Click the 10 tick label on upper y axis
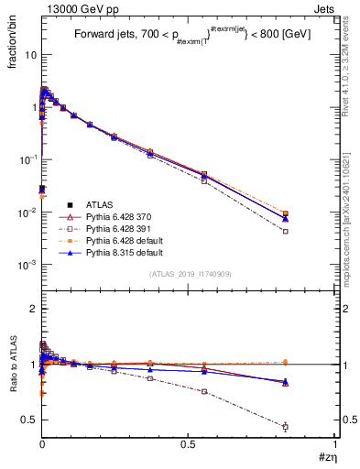point(29,54)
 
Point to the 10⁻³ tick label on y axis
point(27,265)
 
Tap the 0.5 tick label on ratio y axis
point(29,420)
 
